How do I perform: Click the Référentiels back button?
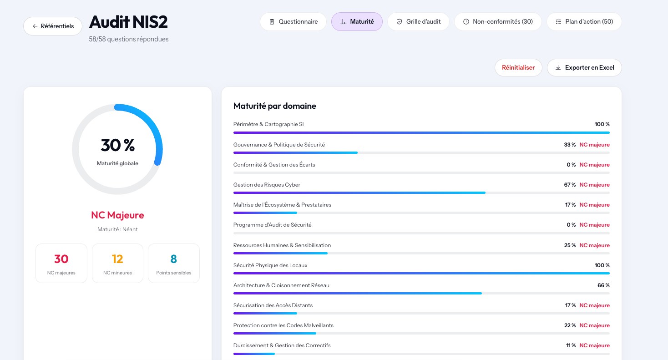click(x=53, y=26)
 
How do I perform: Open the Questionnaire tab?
click(x=293, y=21)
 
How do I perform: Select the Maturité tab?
click(x=357, y=21)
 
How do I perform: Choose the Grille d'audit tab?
click(x=418, y=21)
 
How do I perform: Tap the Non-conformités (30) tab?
click(x=498, y=21)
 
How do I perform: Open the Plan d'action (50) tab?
click(x=584, y=21)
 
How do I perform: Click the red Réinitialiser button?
click(x=518, y=67)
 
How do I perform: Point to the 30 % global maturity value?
click(x=117, y=145)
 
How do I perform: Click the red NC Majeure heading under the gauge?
click(x=117, y=215)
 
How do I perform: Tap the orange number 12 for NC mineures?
click(x=117, y=259)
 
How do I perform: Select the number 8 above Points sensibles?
click(x=173, y=259)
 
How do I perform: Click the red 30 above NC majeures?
click(x=61, y=259)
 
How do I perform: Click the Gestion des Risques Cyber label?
click(x=267, y=185)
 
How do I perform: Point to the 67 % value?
click(x=570, y=185)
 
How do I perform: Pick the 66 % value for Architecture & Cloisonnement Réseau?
click(x=603, y=285)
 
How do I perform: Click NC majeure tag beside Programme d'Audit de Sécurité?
click(x=594, y=224)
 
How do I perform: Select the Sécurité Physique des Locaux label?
click(x=270, y=265)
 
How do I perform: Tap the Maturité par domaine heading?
click(x=275, y=106)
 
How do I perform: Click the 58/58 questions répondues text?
click(x=128, y=39)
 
